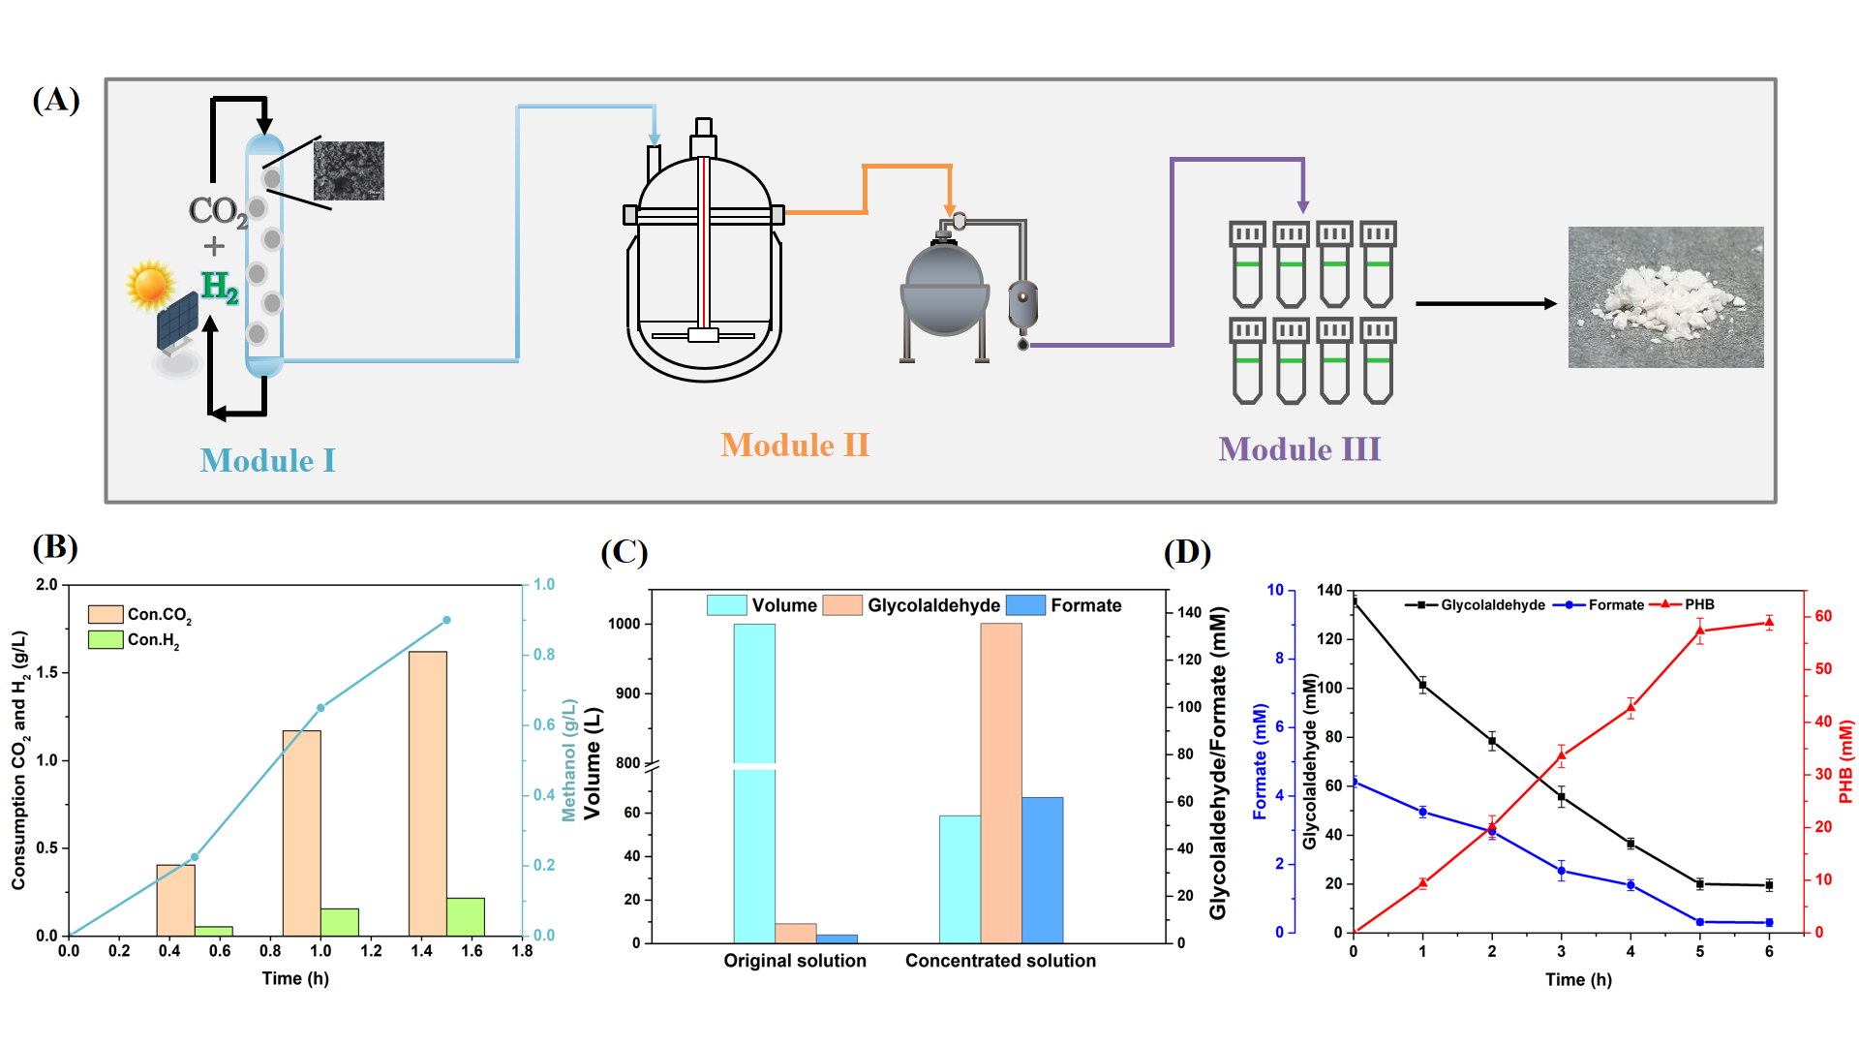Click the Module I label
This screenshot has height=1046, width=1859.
click(267, 460)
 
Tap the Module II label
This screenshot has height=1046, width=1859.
click(795, 445)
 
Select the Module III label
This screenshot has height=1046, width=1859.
click(1299, 449)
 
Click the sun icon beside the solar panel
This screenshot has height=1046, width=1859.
click(150, 285)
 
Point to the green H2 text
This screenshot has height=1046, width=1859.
click(220, 287)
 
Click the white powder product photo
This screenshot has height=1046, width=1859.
click(1665, 297)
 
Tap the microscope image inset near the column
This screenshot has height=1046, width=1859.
click(349, 170)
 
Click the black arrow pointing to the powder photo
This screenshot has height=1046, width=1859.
click(1485, 304)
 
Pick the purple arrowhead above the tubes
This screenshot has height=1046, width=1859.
click(1303, 205)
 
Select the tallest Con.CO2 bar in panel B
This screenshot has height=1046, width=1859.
click(428, 793)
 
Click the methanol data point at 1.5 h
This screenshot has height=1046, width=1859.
click(446, 620)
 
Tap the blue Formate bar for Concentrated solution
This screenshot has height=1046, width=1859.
click(1042, 870)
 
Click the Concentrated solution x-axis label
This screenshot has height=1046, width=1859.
click(1000, 961)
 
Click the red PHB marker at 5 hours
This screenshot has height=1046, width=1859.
click(1700, 631)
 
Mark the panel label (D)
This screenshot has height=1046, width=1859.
click(1187, 552)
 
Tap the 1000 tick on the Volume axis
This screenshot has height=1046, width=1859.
click(625, 624)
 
